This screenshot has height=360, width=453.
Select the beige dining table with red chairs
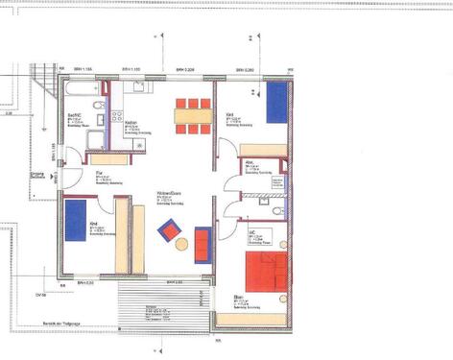coord(190,116)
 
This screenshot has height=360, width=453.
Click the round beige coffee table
coord(181,245)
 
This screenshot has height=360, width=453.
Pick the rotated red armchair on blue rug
coord(169,229)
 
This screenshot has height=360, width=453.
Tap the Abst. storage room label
coord(250,162)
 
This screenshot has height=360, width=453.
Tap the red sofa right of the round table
coord(203,243)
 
